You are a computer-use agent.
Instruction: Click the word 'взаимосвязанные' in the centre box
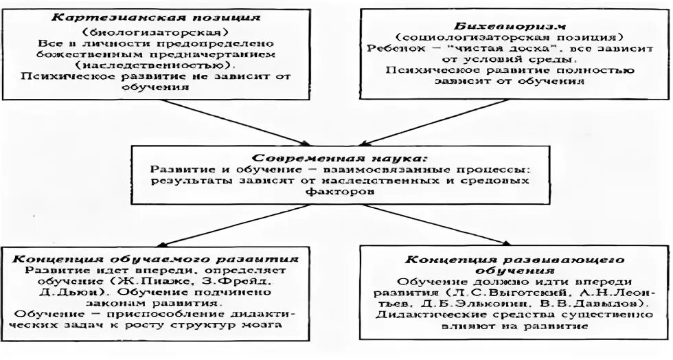pos(397,169)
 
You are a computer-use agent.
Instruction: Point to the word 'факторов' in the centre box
pos(336,193)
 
